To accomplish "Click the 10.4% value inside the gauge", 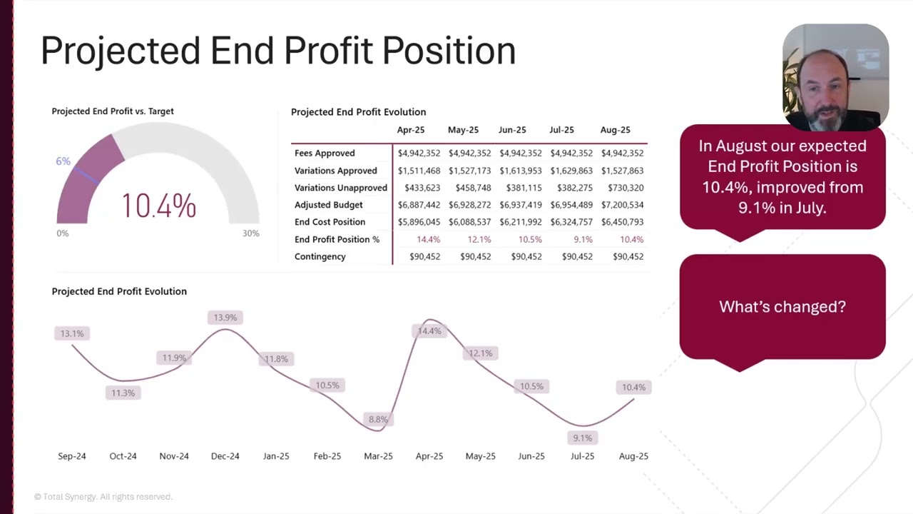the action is pyautogui.click(x=159, y=206).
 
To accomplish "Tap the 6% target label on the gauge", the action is pyautogui.click(x=63, y=161).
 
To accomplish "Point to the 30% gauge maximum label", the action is pyautogui.click(x=250, y=233).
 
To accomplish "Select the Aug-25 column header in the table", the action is pyautogui.click(x=615, y=130).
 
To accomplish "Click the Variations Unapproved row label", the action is pyautogui.click(x=341, y=188).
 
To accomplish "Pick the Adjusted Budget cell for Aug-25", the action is pyautogui.click(x=623, y=205).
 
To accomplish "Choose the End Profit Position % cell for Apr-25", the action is pyautogui.click(x=429, y=239).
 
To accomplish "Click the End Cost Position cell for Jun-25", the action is pyautogui.click(x=521, y=222).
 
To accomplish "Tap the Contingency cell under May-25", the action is pyautogui.click(x=476, y=256).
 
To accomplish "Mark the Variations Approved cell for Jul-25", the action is pyautogui.click(x=571, y=171).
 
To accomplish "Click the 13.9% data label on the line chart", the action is pyautogui.click(x=225, y=318).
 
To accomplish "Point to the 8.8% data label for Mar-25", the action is pyautogui.click(x=378, y=419).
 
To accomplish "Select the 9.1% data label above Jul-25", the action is pyautogui.click(x=583, y=438).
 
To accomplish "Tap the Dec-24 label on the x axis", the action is pyautogui.click(x=225, y=456).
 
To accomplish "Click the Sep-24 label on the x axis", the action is pyautogui.click(x=72, y=456).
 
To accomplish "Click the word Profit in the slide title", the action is pyautogui.click(x=329, y=50).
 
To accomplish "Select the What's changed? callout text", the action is pyautogui.click(x=782, y=307).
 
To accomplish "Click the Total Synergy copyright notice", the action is pyautogui.click(x=103, y=497).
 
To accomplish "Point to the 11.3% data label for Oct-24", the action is pyautogui.click(x=123, y=393).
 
